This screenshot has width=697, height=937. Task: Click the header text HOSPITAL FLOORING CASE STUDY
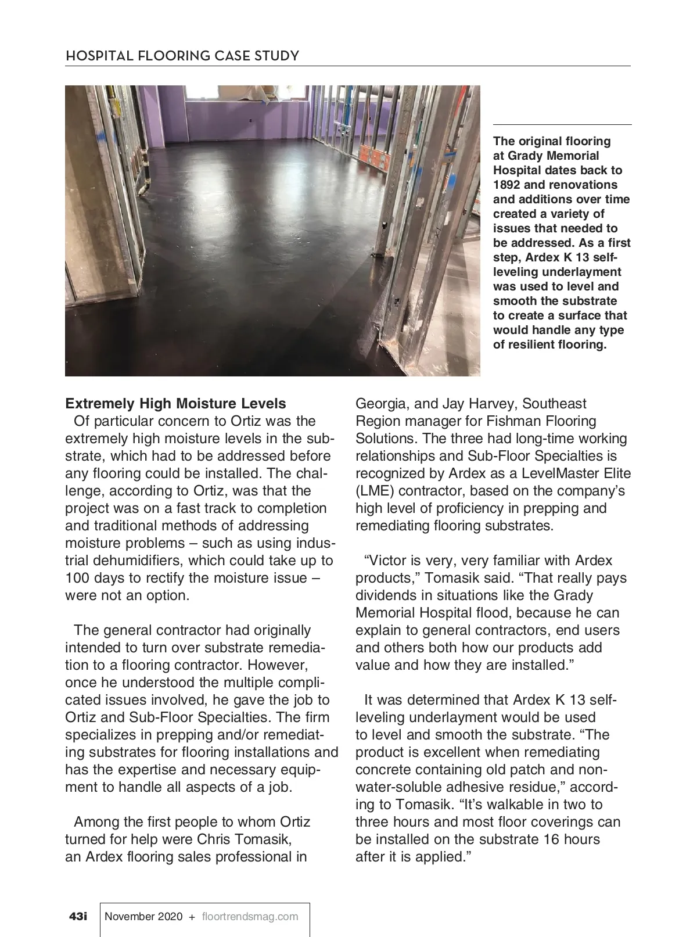(182, 56)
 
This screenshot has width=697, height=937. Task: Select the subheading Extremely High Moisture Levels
(175, 404)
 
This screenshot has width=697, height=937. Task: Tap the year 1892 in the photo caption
(506, 185)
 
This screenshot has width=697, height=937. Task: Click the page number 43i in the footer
(78, 917)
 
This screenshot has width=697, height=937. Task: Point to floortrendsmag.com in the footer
(250, 917)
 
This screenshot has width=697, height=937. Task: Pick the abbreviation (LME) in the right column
(375, 491)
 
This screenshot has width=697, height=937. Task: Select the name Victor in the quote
(386, 561)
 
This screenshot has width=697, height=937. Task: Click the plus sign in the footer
(192, 917)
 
